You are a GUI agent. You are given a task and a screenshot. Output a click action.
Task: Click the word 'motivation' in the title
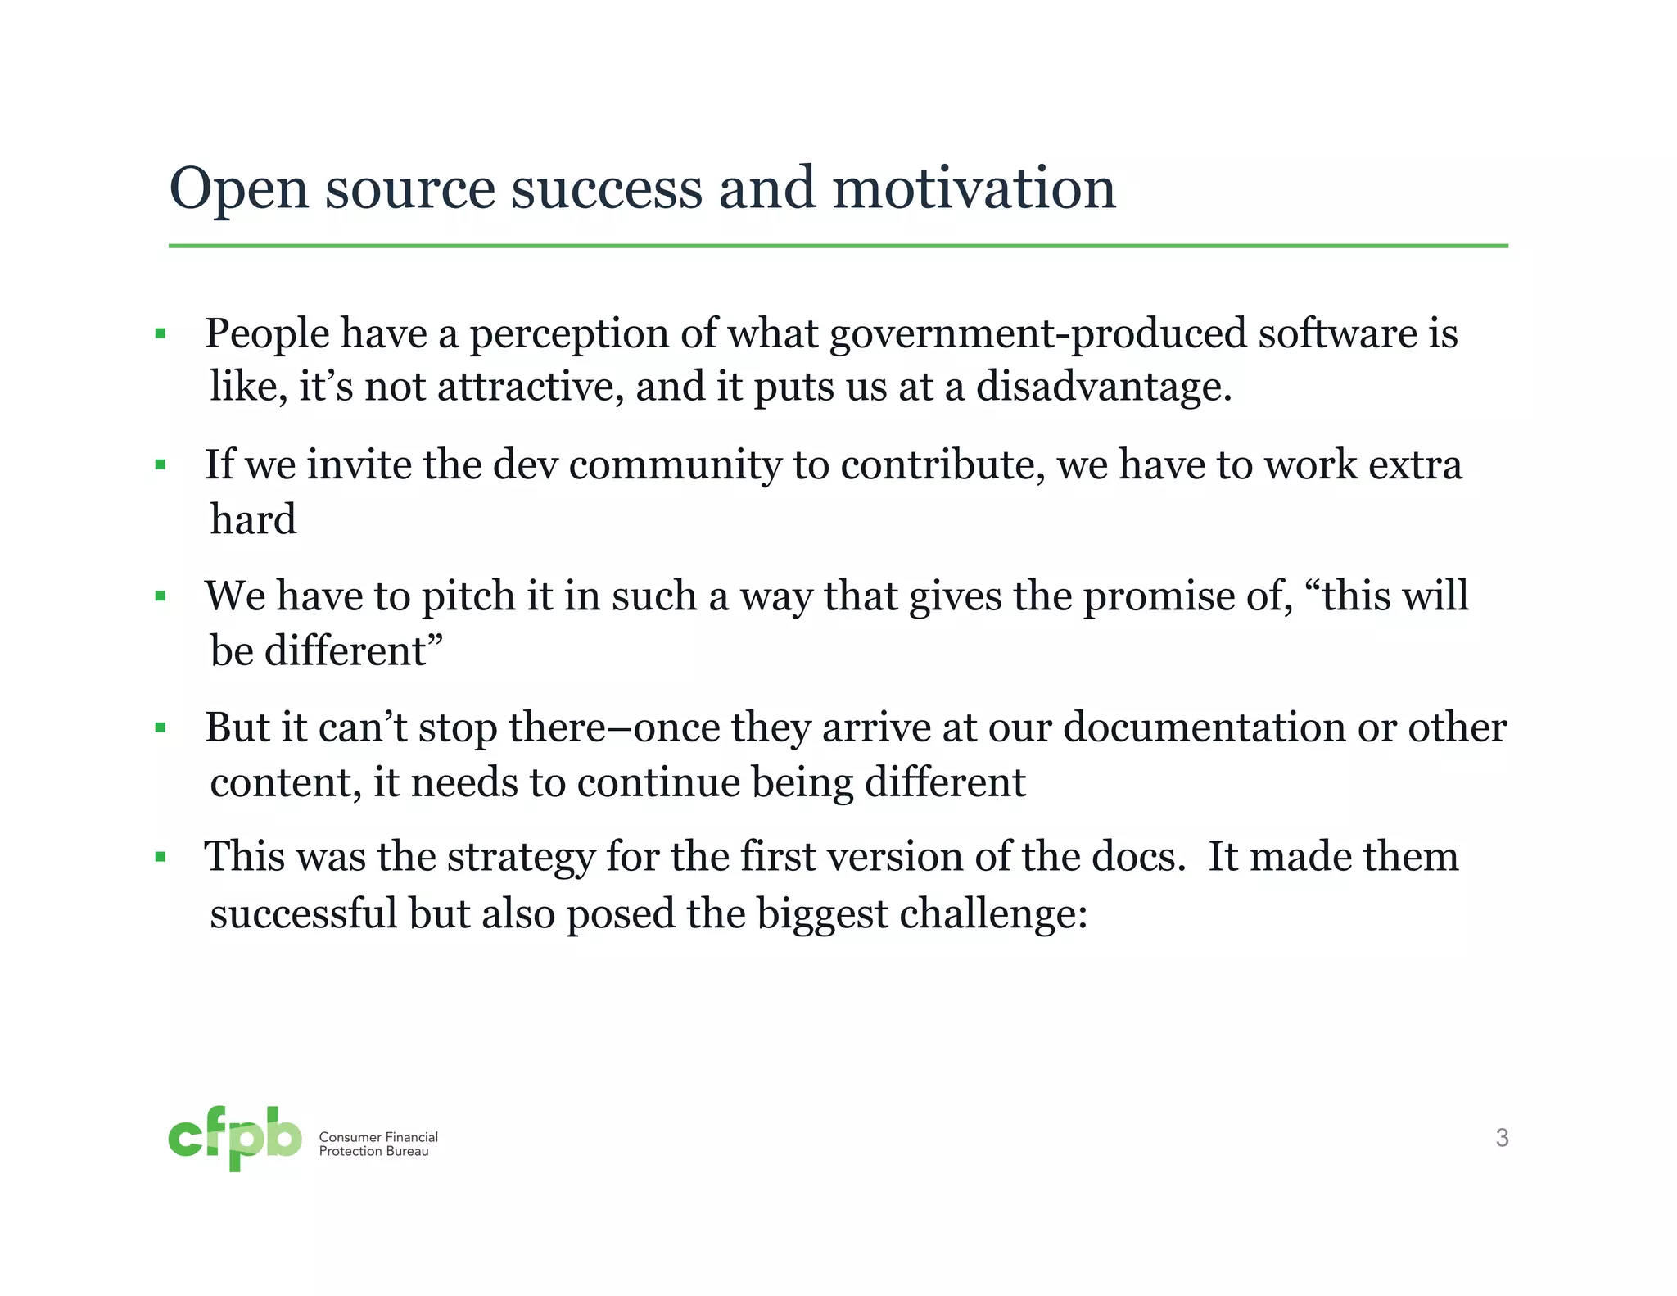[974, 188]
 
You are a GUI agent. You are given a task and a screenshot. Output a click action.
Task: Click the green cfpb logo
[235, 1138]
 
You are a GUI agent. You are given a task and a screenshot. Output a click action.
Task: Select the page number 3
[1502, 1138]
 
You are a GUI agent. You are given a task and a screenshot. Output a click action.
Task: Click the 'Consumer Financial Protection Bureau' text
[378, 1144]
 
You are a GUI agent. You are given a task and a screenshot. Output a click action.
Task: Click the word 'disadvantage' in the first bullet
[1102, 387]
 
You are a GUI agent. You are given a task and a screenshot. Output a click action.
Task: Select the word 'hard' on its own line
[253, 519]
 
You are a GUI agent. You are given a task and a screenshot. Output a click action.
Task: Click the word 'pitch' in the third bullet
[468, 597]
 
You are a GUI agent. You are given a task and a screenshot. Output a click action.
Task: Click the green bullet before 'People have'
[160, 333]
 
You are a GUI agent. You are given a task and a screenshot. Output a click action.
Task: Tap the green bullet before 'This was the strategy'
[160, 858]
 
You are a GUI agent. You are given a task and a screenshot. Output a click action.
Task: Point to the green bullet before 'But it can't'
[160, 727]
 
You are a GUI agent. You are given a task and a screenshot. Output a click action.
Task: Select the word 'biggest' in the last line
[821, 914]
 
